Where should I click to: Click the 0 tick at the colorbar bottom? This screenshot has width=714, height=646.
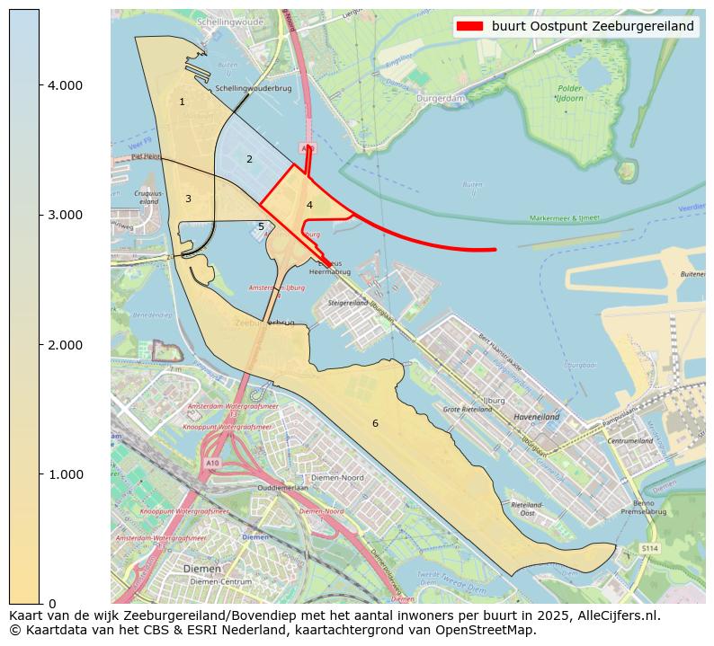51,604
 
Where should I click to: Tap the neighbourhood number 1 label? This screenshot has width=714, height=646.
182,102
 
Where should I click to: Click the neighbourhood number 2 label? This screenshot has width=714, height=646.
249,159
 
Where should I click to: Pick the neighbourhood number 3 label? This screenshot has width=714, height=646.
188,199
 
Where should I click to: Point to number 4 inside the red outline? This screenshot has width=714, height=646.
309,205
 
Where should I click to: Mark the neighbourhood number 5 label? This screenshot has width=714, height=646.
261,226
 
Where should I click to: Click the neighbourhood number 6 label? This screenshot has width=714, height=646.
375,423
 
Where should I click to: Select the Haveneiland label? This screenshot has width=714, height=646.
537,417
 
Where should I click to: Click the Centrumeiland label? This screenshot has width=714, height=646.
629,441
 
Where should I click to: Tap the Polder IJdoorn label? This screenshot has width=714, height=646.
568,93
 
